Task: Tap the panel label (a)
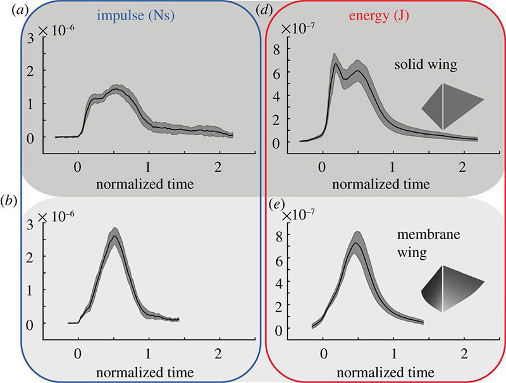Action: [x=12, y=9]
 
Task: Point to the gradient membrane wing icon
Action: [x=451, y=288]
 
